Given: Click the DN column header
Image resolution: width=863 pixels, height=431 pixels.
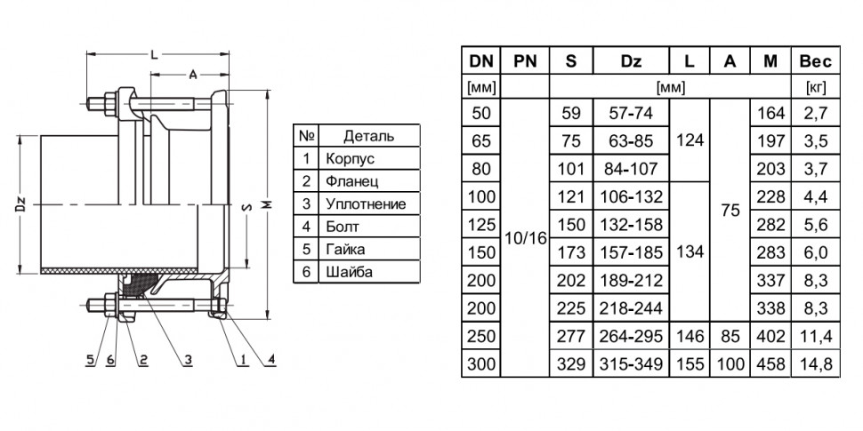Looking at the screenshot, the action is click(480, 60).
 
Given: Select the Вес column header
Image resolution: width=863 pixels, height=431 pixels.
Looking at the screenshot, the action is click(816, 60).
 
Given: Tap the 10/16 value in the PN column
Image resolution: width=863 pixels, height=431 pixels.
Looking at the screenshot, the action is click(525, 238).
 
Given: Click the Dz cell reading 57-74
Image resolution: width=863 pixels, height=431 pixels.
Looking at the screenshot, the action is click(631, 113).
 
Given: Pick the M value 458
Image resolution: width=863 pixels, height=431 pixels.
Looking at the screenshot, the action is click(770, 364).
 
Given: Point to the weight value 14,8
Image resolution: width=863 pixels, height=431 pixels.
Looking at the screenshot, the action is click(816, 364).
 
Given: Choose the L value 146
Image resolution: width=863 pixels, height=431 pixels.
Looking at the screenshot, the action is click(690, 336).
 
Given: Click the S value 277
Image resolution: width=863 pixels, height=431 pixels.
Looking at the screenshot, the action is click(571, 336).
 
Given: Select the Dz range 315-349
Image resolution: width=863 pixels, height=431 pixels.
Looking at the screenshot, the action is click(631, 364).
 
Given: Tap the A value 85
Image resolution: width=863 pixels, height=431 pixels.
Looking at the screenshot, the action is click(730, 336).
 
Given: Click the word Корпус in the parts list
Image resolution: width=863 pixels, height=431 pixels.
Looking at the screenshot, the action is click(350, 159).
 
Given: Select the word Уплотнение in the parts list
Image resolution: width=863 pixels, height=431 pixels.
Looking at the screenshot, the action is click(366, 204).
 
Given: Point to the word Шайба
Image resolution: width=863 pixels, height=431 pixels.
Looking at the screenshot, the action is click(349, 272).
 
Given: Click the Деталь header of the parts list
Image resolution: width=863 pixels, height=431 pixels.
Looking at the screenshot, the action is click(368, 136).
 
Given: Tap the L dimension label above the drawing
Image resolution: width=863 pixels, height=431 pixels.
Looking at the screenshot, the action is click(155, 54).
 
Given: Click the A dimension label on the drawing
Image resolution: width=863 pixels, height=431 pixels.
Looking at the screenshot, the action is click(193, 75).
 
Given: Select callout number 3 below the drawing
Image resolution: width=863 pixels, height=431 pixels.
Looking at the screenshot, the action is click(188, 360).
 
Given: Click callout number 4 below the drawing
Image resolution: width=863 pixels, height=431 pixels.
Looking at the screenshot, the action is click(271, 360).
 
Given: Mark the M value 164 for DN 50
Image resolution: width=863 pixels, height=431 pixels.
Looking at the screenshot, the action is click(770, 113).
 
